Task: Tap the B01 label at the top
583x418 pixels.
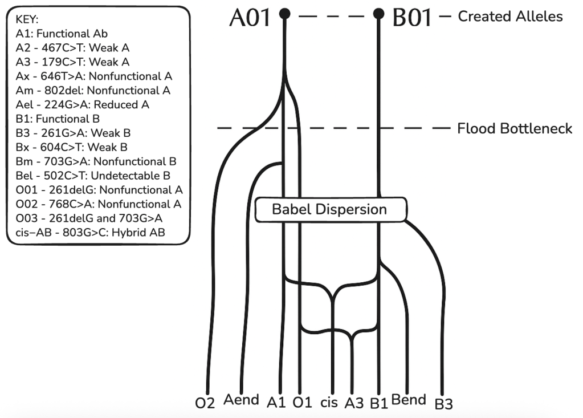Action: [413, 18]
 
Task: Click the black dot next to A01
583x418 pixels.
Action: [285, 13]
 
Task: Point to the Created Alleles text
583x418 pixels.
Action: [510, 16]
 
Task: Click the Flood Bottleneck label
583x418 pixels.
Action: [515, 128]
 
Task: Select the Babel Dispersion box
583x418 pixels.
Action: [330, 209]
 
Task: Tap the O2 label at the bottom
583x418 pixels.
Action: [205, 403]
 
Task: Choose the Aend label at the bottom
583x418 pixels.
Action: [241, 400]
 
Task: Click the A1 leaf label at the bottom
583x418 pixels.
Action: [276, 402]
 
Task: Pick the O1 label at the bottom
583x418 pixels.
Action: [302, 402]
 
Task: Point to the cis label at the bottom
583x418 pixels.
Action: [329, 402]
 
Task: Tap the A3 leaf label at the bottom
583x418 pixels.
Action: [354, 403]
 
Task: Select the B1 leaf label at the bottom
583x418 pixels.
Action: [378, 403]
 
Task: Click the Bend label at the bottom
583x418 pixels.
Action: [409, 400]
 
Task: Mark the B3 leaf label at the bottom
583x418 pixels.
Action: [443, 404]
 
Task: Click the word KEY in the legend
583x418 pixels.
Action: [27, 19]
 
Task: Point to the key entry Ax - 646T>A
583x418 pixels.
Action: [94, 76]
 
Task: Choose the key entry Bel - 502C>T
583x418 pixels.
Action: [93, 176]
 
